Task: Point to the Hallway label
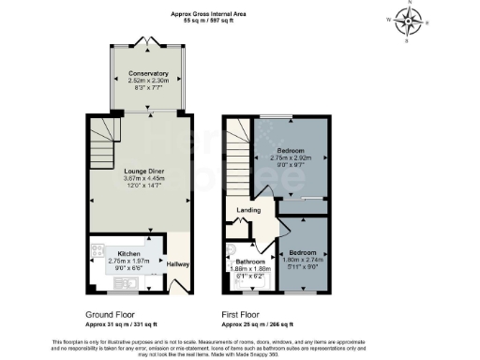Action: pyautogui.click(x=177, y=264)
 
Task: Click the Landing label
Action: pyautogui.click(x=248, y=210)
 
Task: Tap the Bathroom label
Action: pyautogui.click(x=249, y=261)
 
